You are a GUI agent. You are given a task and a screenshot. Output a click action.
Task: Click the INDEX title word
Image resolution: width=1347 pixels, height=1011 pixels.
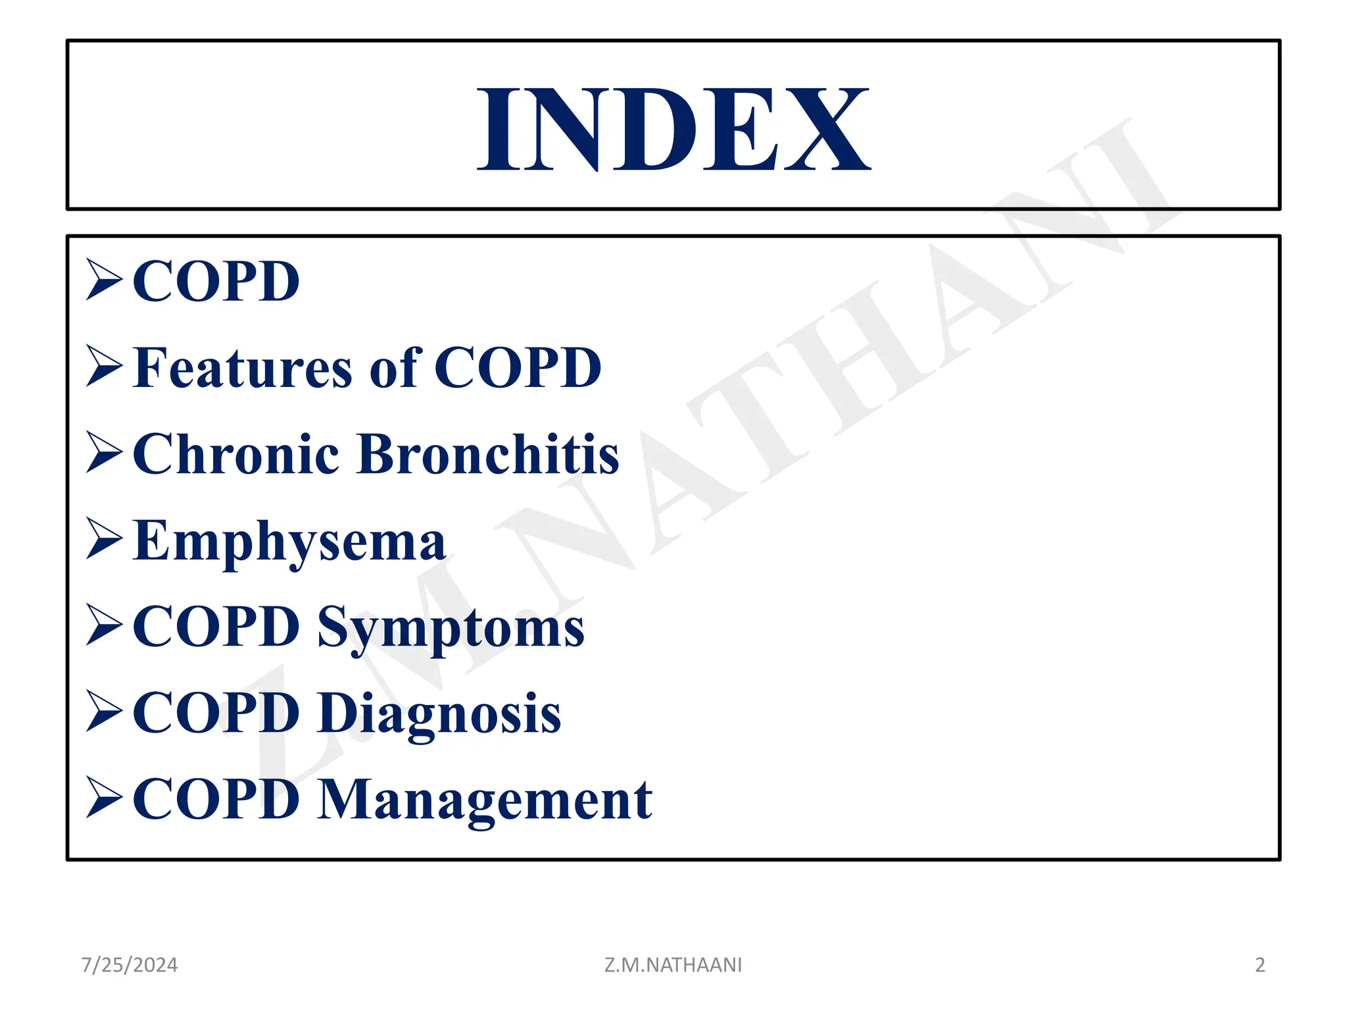673,130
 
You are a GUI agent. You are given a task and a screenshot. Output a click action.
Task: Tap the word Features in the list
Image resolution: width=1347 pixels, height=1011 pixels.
242,368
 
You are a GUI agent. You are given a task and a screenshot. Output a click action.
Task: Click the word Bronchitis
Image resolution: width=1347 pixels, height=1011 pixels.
487,454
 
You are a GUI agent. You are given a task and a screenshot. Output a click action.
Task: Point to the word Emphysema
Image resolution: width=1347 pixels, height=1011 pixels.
289,542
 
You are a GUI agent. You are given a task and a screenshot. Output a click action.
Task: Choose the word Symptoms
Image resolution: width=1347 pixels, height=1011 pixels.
451,627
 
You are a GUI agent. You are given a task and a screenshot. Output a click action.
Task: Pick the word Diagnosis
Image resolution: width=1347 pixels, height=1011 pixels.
439,713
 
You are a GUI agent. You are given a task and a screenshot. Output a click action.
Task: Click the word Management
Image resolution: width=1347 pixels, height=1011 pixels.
485,800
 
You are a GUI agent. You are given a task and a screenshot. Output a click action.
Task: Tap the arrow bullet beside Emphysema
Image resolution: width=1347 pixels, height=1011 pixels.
104,540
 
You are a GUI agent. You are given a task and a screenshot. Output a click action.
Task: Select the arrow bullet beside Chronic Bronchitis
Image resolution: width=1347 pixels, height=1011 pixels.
104,453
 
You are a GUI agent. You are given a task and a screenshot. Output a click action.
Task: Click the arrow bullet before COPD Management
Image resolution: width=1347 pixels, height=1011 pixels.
104,798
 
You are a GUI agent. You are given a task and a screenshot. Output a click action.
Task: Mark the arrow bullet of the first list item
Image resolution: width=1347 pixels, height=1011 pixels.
104,280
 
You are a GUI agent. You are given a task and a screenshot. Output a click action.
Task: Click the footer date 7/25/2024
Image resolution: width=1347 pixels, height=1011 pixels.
130,965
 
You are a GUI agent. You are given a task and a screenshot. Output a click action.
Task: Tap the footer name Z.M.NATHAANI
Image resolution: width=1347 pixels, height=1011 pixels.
673,965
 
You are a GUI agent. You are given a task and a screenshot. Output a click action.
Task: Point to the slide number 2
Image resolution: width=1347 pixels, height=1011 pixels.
1260,965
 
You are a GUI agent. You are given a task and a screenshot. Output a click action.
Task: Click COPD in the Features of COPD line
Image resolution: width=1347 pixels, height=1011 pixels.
518,368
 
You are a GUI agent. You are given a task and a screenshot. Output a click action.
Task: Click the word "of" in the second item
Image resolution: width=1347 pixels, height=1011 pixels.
395,368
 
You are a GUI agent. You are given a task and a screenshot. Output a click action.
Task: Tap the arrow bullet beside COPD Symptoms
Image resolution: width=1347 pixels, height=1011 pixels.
104,625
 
